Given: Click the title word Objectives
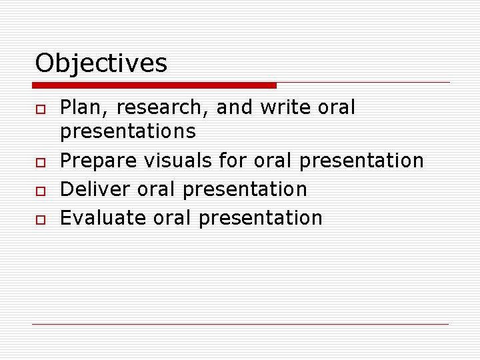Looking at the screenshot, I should (101, 63).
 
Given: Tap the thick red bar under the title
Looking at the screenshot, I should (154, 85).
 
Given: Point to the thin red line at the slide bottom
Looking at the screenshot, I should (240, 324).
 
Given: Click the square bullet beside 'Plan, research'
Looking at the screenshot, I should (39, 109).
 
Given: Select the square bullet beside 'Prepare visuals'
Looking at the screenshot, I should (39, 162).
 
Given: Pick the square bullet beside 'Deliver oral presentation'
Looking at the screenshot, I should (39, 191).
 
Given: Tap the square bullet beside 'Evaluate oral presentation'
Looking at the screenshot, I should (39, 219).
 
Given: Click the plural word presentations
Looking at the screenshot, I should (128, 131).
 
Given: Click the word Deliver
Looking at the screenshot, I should (95, 189).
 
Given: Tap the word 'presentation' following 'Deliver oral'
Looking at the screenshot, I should (245, 189).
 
